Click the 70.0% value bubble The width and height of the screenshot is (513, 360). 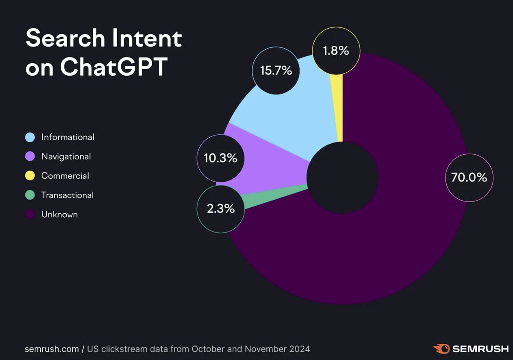(x=469, y=177)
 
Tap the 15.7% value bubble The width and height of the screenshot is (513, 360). (x=276, y=71)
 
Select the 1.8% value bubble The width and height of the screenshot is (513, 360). (x=336, y=50)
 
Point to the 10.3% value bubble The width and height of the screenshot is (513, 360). (x=220, y=158)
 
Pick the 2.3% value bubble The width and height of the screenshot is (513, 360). (x=221, y=209)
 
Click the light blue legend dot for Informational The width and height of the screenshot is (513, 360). (x=30, y=137)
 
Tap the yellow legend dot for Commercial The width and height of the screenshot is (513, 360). (x=30, y=176)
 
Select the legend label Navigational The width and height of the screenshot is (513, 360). (x=66, y=156)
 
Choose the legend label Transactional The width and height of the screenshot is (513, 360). (x=67, y=195)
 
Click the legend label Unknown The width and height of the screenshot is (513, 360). (x=59, y=215)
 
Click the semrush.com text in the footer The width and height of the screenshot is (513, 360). (x=52, y=349)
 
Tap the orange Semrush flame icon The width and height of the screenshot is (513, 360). (x=441, y=348)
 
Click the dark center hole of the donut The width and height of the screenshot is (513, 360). (x=342, y=177)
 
